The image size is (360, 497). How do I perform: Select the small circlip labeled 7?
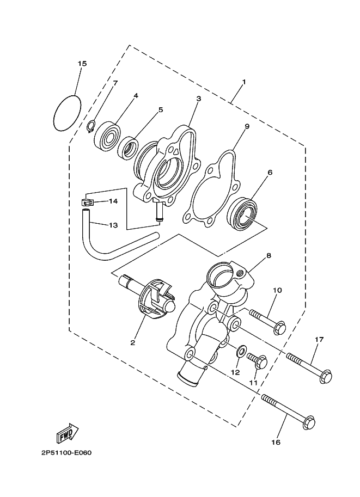coord(93,127)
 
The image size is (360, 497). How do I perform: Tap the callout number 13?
coord(113,225)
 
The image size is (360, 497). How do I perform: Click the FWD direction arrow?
coord(67,434)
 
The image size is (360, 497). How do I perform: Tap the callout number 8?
coord(269,255)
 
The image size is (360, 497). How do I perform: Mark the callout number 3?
coord(199,99)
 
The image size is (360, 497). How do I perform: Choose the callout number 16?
coord(276,443)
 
